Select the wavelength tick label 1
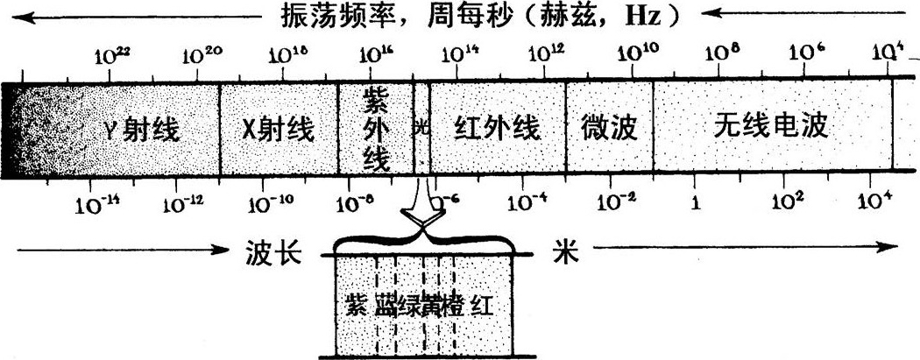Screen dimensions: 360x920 tap(696, 202)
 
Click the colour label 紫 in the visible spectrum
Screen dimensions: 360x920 tap(356, 307)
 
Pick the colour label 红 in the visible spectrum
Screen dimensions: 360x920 tap(483, 307)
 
